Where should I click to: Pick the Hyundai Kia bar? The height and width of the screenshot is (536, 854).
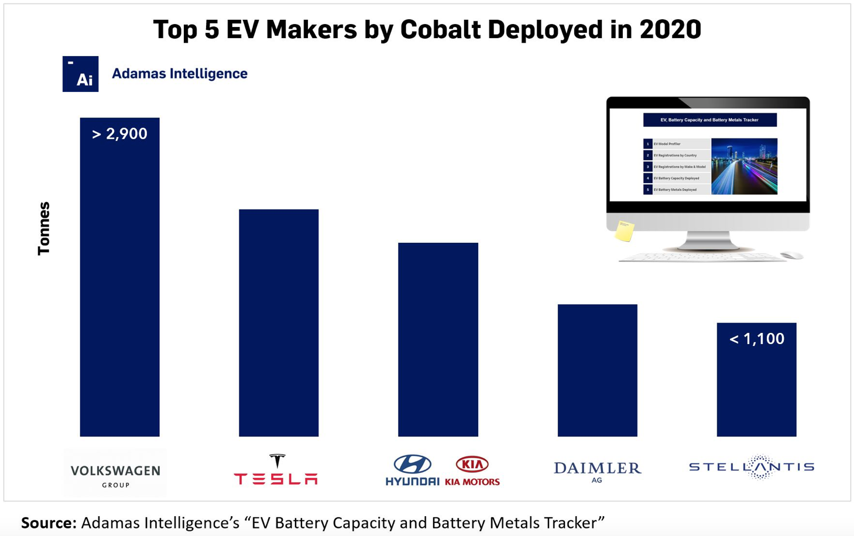click(438, 339)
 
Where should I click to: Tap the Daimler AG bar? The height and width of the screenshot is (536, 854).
click(597, 370)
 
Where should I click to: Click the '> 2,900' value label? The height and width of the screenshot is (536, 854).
click(119, 134)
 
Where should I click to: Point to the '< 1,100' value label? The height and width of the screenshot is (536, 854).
click(756, 339)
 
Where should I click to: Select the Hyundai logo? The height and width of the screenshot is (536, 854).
click(412, 470)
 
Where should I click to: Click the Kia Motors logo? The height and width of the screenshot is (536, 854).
click(472, 471)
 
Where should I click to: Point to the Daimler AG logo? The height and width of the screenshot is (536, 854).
click(597, 471)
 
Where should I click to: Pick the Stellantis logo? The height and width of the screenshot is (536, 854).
click(752, 467)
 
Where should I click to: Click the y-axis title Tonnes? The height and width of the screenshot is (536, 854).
click(44, 228)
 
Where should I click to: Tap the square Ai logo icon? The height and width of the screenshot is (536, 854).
click(80, 74)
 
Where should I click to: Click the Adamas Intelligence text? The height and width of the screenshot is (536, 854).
click(179, 74)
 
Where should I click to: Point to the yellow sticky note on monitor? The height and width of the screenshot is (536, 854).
click(625, 231)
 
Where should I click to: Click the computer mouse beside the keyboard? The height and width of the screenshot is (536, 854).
click(791, 255)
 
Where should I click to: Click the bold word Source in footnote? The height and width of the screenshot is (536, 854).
click(49, 523)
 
